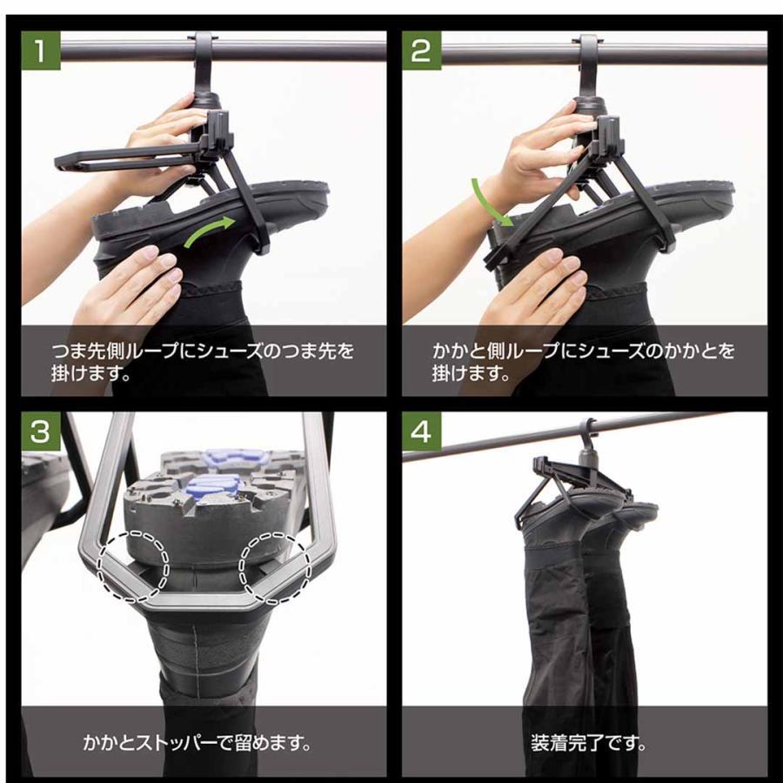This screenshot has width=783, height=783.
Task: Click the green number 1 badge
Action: tap(40, 50)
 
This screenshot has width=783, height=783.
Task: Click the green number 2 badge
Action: tap(421, 50)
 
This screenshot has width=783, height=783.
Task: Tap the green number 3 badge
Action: tap(40, 431)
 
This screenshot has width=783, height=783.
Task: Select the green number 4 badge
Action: tap(421, 431)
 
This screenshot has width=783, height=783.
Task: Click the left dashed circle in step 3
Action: tap(133, 565)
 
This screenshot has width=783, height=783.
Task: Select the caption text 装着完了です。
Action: tap(588, 743)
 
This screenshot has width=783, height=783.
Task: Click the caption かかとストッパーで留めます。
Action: tap(197, 743)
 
